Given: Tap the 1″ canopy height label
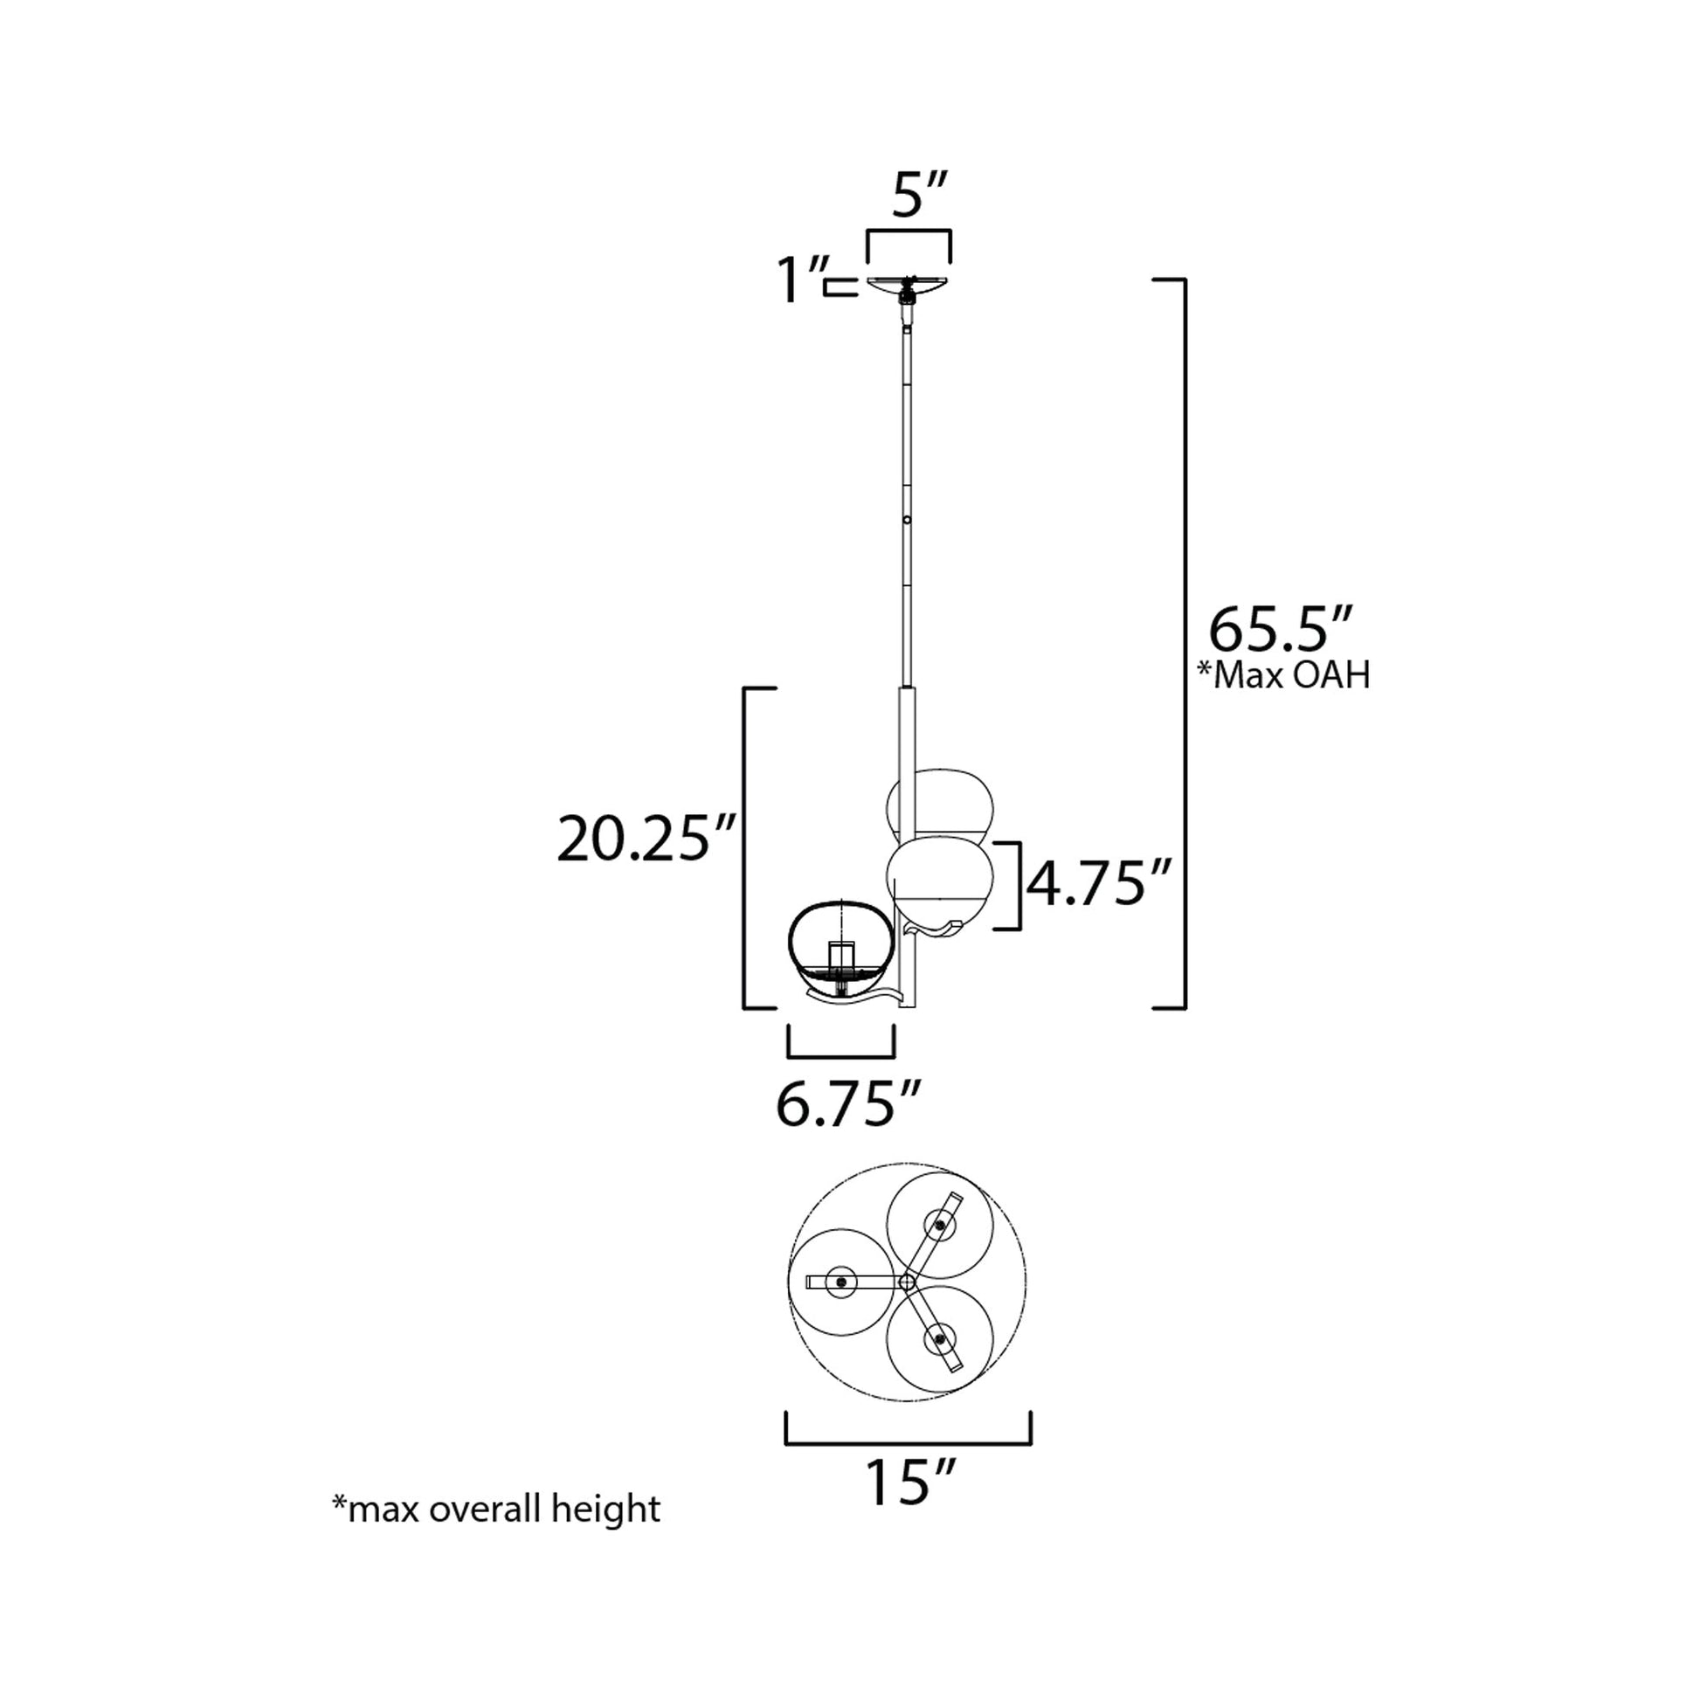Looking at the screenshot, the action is tap(802, 280).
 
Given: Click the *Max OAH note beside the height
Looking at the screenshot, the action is tap(1284, 676).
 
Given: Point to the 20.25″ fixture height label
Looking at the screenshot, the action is tap(646, 840).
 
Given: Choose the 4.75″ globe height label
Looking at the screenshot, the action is tap(1099, 883).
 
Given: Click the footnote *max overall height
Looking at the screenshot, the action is tap(495, 1508).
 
